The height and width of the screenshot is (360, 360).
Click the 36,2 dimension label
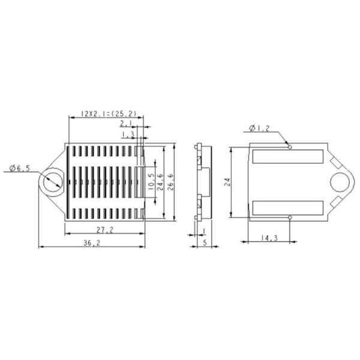click(x=92, y=242)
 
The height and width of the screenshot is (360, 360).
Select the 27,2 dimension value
click(x=105, y=230)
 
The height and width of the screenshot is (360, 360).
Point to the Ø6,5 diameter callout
click(x=20, y=168)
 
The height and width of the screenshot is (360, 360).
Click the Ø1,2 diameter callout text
click(x=259, y=128)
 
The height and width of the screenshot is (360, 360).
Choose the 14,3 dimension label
click(x=269, y=238)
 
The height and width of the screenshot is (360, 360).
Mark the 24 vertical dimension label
click(x=227, y=182)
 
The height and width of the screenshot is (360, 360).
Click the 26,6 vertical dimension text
click(x=171, y=182)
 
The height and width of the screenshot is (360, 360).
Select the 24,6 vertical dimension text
click(x=160, y=182)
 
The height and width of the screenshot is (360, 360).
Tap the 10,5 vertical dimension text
click(x=151, y=182)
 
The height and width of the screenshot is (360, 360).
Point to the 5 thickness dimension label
click(x=205, y=242)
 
